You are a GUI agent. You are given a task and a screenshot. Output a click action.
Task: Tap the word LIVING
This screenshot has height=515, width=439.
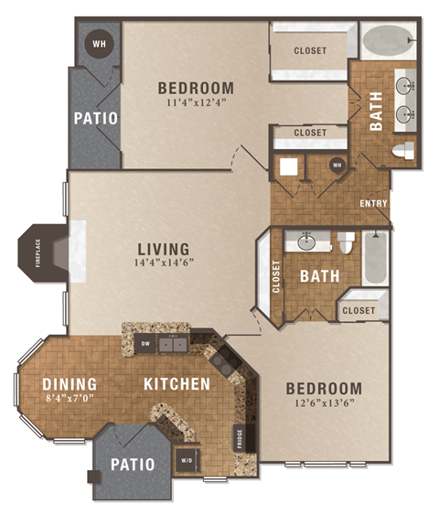(163, 248)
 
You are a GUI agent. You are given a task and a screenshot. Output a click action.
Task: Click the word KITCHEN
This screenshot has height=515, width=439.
(177, 383)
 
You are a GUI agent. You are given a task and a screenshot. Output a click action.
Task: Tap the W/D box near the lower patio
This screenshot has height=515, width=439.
(187, 459)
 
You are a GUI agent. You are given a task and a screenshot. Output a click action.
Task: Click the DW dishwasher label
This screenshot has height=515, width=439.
(145, 344)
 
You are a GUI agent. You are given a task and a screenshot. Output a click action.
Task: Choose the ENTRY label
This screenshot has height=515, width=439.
(373, 203)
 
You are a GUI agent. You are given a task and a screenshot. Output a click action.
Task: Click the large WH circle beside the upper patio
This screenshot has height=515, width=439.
(97, 42)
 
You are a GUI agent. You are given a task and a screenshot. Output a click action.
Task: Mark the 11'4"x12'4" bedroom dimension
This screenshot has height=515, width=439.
(195, 103)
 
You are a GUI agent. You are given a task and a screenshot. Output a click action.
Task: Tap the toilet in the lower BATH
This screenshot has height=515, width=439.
(346, 243)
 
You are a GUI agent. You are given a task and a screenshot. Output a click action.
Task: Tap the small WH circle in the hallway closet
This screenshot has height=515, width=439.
(336, 166)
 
